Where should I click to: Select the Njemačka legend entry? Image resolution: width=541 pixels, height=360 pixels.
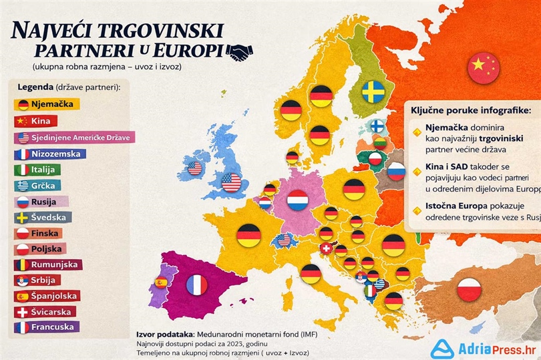click(47, 104)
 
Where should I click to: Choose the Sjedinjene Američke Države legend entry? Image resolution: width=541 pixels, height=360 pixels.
click(74, 138)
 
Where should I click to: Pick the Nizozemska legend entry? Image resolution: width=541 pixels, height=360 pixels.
click(50, 154)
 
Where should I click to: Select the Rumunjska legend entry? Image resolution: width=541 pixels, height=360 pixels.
click(47, 264)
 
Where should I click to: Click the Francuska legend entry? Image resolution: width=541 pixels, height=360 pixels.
click(47, 327)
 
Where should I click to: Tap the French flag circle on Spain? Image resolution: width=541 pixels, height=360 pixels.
click(196, 285)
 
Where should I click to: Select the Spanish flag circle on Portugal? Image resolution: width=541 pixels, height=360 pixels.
click(161, 282)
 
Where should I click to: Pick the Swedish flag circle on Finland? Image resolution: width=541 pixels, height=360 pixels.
click(373, 92)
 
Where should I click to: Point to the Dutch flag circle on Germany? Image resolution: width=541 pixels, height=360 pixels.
click(297, 199)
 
